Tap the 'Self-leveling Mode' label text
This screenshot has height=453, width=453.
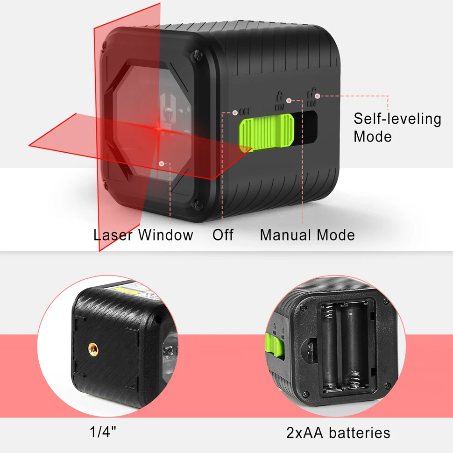[397, 127]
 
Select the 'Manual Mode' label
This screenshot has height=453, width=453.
[307, 234]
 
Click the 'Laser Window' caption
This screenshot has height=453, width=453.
[143, 234]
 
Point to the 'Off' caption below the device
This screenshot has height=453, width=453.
[223, 234]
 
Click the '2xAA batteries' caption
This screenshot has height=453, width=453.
[338, 432]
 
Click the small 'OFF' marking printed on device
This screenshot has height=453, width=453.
[245, 112]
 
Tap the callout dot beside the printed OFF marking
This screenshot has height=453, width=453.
[235, 112]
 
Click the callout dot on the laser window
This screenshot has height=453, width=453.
[162, 163]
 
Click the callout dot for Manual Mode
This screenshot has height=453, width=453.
[290, 100]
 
